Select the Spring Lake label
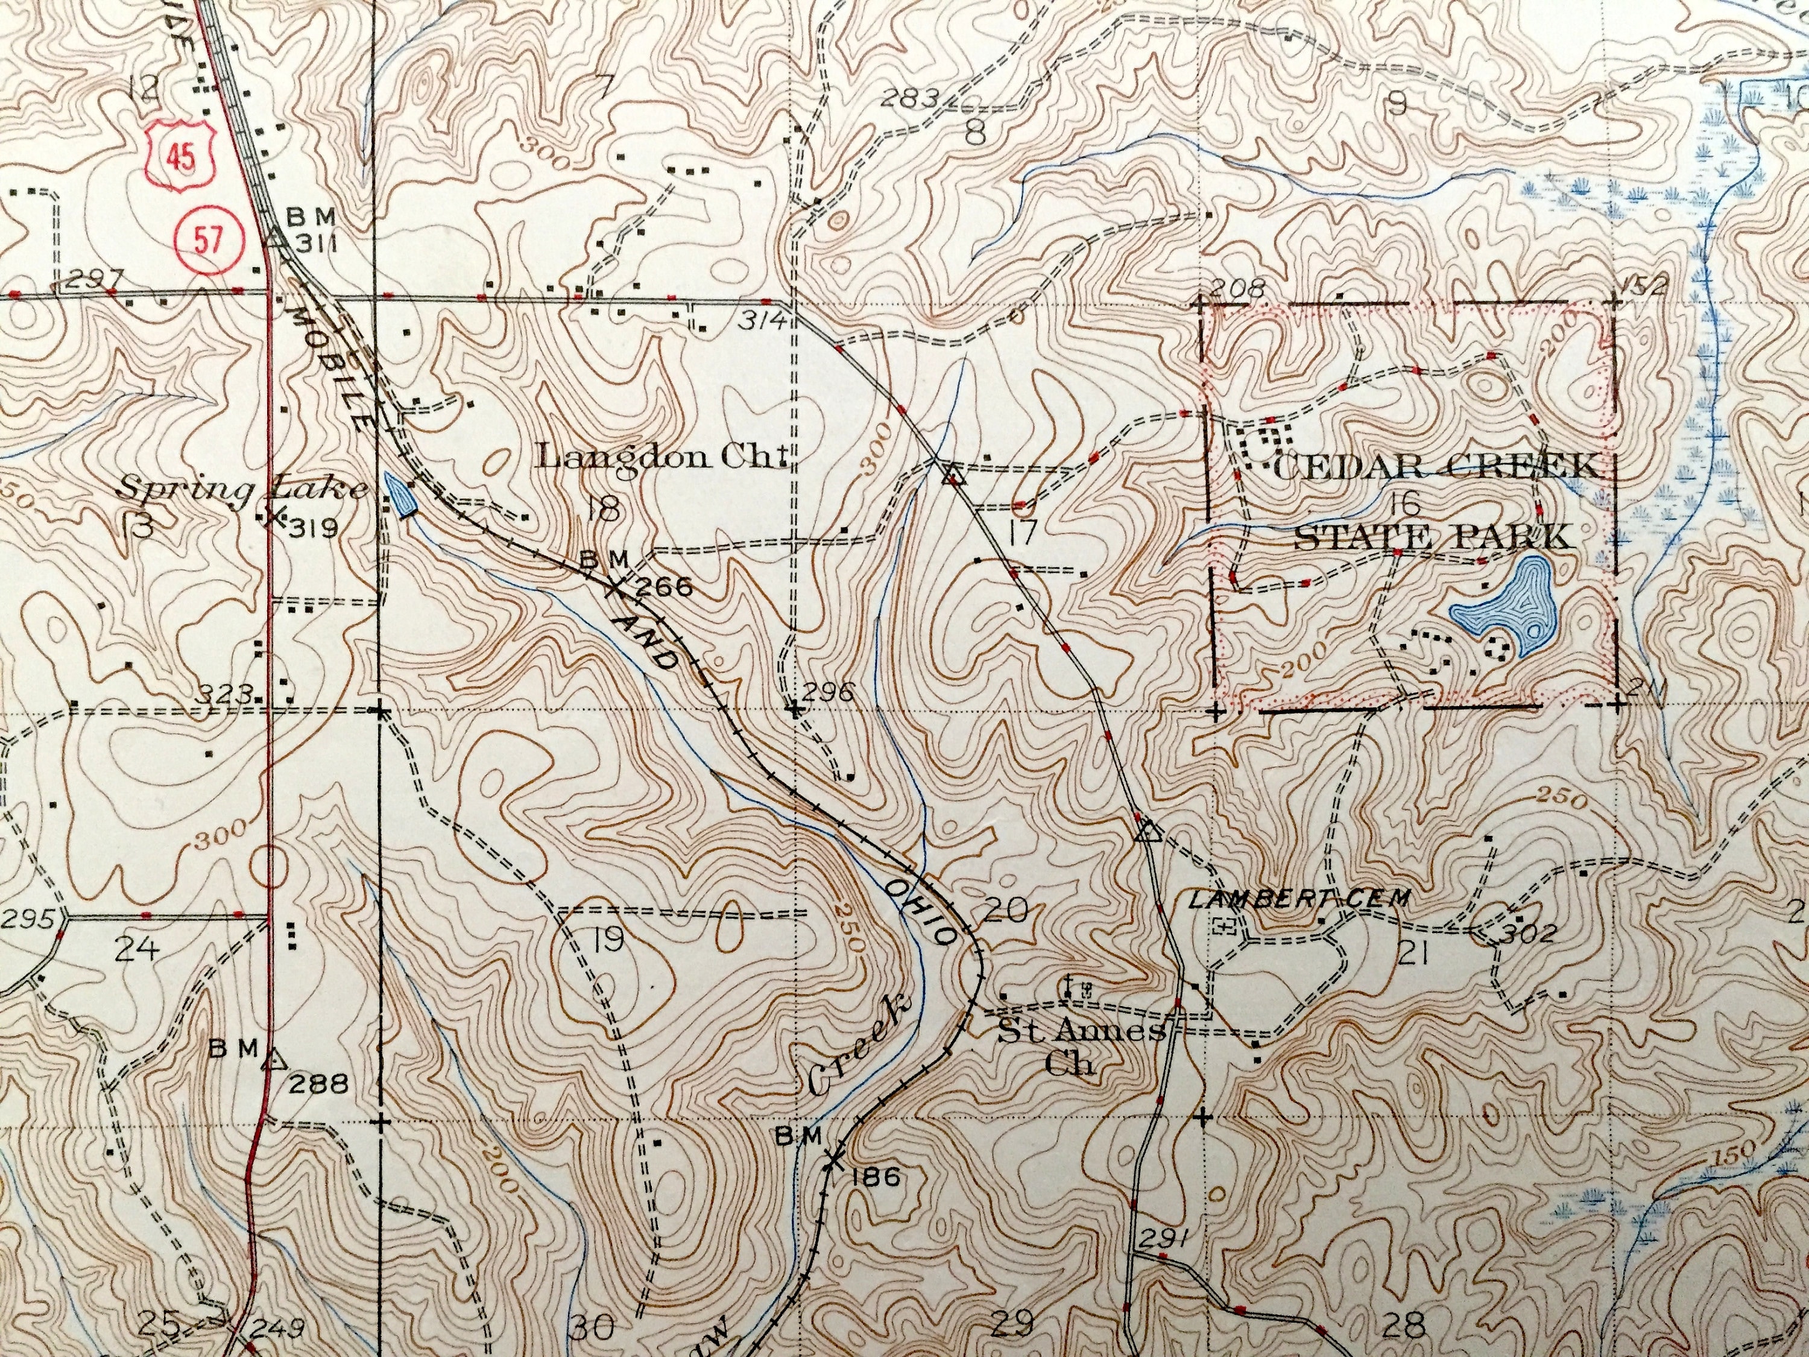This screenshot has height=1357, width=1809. pyautogui.click(x=242, y=489)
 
